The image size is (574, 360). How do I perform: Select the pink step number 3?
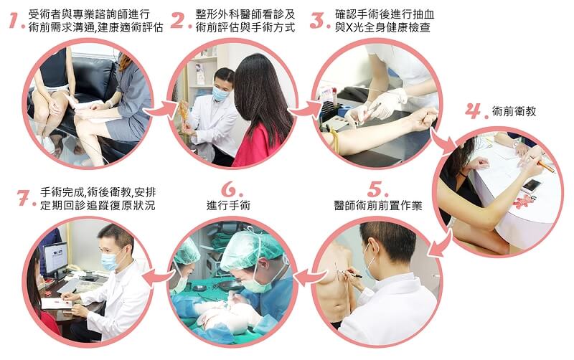point(316,20)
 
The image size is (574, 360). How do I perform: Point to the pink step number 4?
point(474,110)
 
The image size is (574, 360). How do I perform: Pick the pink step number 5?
point(375,189)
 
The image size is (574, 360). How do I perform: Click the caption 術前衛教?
point(514,111)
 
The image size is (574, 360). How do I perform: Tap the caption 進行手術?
point(228,205)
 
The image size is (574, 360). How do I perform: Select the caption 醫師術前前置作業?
point(378,205)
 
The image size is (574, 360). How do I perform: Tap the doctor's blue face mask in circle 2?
point(220,94)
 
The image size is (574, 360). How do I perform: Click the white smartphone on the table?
point(532,185)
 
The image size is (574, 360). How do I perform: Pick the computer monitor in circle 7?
point(55,258)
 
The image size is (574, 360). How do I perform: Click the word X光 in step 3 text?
point(354,27)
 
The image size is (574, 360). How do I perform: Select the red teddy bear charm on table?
point(524,202)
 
